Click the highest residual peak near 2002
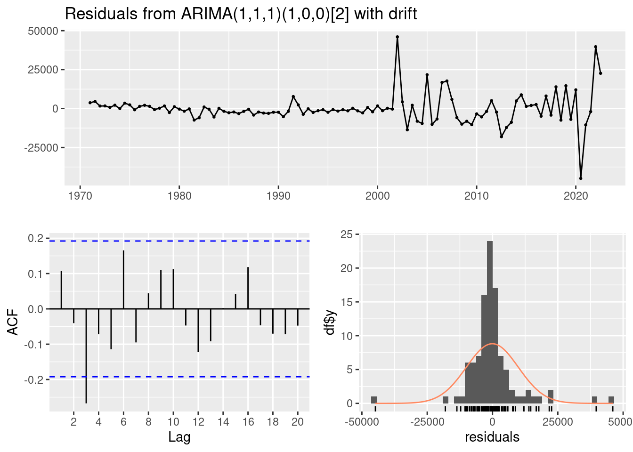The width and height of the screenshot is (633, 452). pyautogui.click(x=397, y=37)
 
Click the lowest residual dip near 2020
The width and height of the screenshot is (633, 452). pyautogui.click(x=581, y=178)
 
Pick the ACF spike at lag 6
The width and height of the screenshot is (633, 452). pyautogui.click(x=123, y=280)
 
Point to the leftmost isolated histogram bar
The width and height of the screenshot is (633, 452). pyautogui.click(x=374, y=400)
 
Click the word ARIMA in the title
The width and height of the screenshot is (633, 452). pyautogui.click(x=206, y=14)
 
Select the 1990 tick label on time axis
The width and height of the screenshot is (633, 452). pyautogui.click(x=278, y=196)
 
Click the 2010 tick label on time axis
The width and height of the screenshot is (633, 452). pyautogui.click(x=477, y=196)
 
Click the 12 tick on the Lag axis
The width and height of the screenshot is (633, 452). pyautogui.click(x=198, y=421)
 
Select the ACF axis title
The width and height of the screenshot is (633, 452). pyautogui.click(x=14, y=322)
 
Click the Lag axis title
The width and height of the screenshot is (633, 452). pyautogui.click(x=179, y=437)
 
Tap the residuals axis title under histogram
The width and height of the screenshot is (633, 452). pyautogui.click(x=492, y=437)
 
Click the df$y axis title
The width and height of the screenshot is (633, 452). pyautogui.click(x=330, y=322)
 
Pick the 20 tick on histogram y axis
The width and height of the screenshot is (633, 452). pyautogui.click(x=347, y=268)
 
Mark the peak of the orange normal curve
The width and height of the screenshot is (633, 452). pyautogui.click(x=492, y=344)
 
